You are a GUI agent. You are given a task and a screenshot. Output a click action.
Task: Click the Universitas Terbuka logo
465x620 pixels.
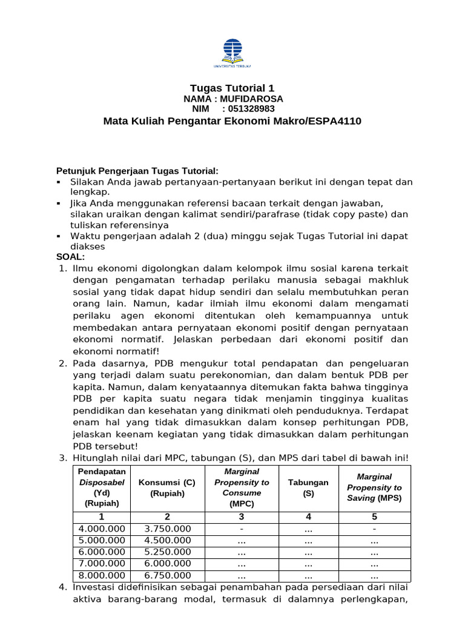232,52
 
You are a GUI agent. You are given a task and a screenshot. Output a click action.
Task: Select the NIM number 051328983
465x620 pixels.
248,109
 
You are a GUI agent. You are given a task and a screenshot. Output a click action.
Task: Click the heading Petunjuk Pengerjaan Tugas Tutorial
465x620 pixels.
137,171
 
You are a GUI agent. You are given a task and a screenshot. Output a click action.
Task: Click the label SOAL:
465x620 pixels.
71,257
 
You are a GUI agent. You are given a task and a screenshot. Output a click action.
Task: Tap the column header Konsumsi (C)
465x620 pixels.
167,487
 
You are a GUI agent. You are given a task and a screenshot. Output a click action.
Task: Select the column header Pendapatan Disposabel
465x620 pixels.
102,487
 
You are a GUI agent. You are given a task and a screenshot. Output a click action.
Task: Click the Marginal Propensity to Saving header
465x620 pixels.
374,487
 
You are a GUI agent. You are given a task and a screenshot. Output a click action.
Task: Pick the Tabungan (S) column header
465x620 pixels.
308,487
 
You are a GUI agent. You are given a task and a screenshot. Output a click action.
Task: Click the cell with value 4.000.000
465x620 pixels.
102,529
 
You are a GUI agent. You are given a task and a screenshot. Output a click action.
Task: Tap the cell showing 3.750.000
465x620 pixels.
167,529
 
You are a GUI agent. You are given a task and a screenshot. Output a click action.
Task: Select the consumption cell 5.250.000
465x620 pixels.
167,552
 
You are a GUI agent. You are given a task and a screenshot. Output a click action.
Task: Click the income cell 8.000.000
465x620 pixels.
102,575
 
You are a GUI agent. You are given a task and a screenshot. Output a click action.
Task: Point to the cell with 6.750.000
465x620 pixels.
167,575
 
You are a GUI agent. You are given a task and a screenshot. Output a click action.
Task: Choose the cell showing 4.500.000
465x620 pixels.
167,540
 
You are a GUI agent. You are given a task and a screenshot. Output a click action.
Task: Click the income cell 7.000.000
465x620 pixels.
102,564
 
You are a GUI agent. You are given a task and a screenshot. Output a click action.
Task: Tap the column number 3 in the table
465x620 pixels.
241,516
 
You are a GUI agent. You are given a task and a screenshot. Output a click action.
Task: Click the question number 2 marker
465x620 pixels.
62,363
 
